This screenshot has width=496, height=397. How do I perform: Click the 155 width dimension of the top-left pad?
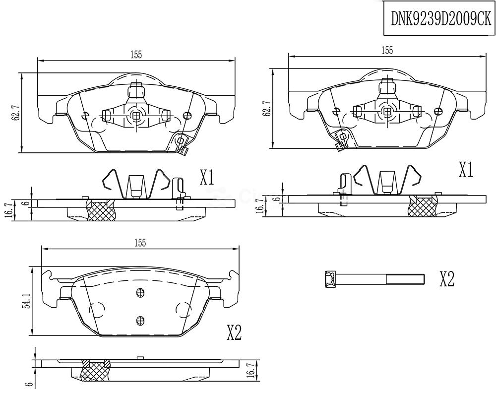(136, 55)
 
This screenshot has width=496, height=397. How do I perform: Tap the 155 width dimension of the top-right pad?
(387, 50)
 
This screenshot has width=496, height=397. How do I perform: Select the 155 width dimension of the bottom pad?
(140, 243)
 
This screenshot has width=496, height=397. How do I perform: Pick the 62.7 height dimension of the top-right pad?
(266, 108)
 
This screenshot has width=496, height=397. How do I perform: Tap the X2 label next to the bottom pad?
(234, 332)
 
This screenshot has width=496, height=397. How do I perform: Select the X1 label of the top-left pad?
(207, 178)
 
